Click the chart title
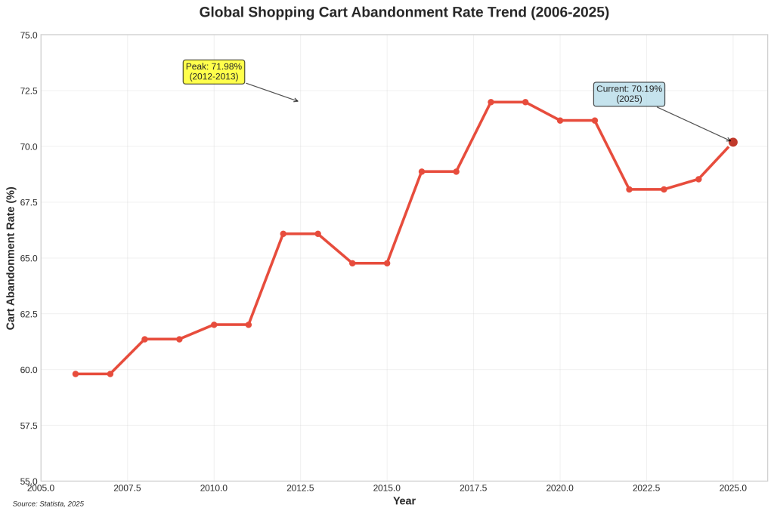click(x=404, y=12)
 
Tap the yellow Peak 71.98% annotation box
click(x=214, y=72)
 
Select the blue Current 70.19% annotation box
click(x=629, y=94)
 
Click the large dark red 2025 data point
click(x=732, y=142)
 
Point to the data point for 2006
click(x=76, y=374)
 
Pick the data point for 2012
click(x=283, y=234)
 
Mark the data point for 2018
click(x=491, y=102)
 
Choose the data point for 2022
click(x=629, y=189)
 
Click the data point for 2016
click(x=422, y=171)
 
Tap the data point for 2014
click(x=352, y=263)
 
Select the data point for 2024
click(x=698, y=179)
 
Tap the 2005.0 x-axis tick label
click(x=41, y=488)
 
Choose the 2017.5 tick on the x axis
click(x=473, y=488)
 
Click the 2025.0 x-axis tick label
click(x=732, y=488)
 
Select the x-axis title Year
click(x=404, y=500)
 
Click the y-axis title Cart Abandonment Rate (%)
click(x=11, y=258)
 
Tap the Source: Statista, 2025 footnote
click(x=48, y=503)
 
